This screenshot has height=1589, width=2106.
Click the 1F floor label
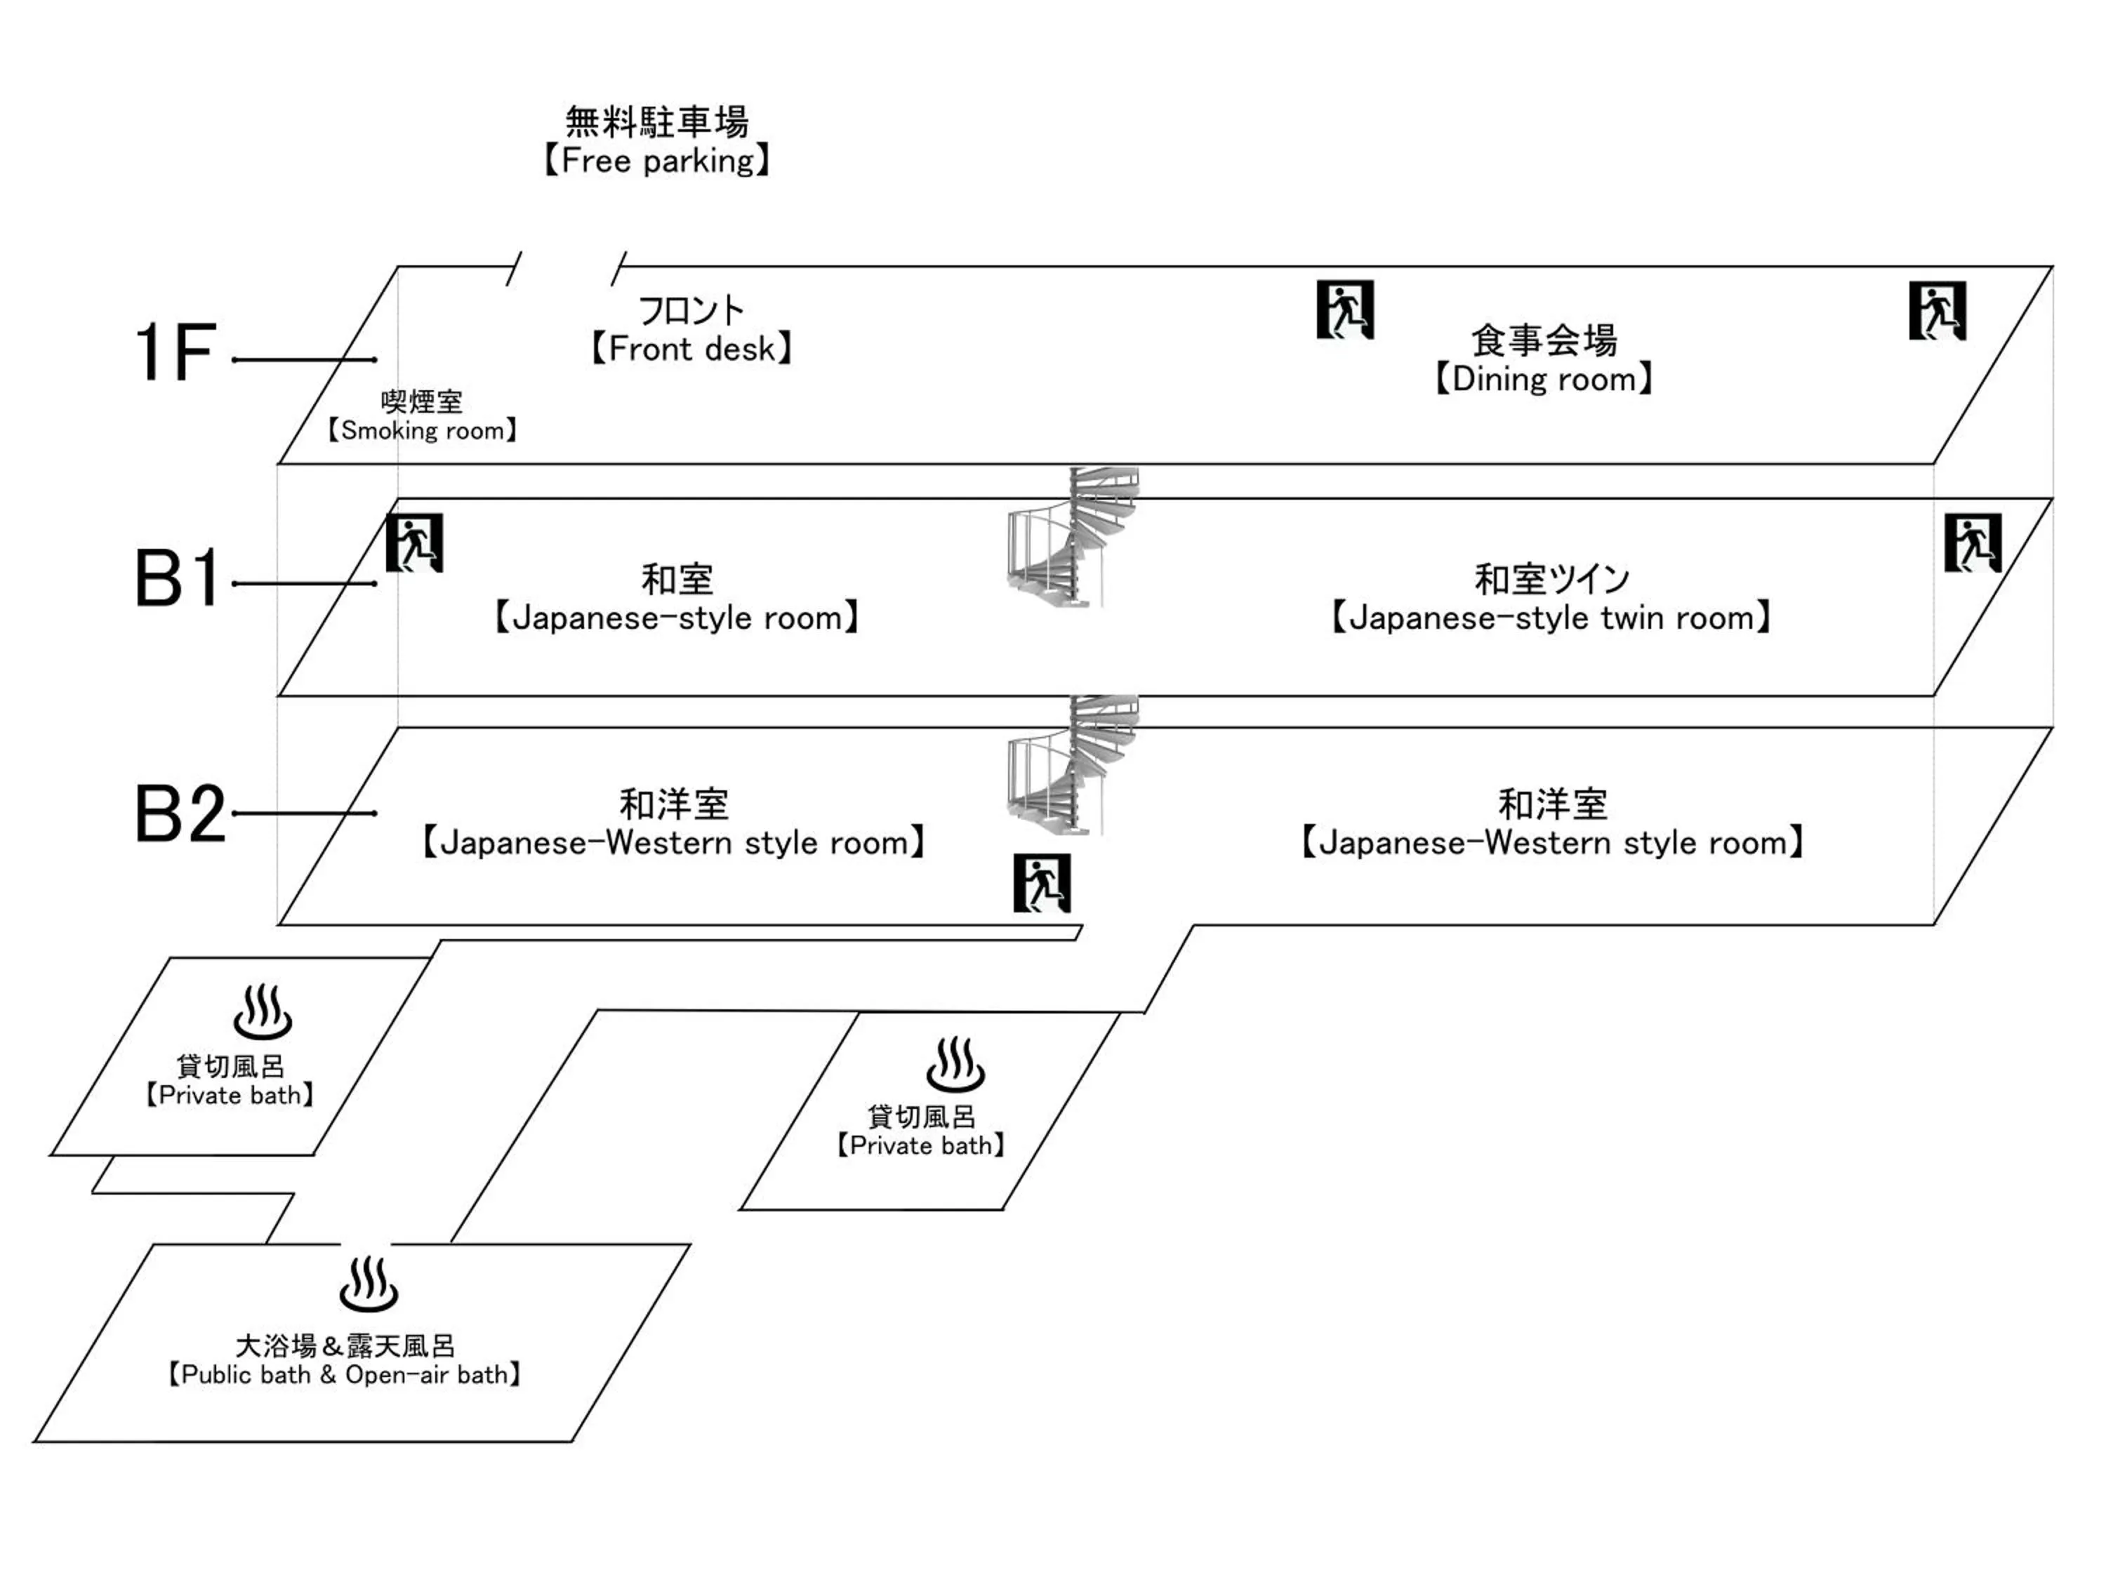pyautogui.click(x=176, y=352)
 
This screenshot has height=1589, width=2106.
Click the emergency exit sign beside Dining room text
pyautogui.click(x=1344, y=310)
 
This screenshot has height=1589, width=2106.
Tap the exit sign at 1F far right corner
pyautogui.click(x=1938, y=310)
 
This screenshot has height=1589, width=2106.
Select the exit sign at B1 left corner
pyautogui.click(x=414, y=543)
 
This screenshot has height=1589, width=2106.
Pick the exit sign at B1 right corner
pyautogui.click(x=1973, y=543)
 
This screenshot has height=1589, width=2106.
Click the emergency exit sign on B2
pyautogui.click(x=1042, y=882)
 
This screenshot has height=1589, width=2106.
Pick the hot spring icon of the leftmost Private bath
pyautogui.click(x=263, y=1012)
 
